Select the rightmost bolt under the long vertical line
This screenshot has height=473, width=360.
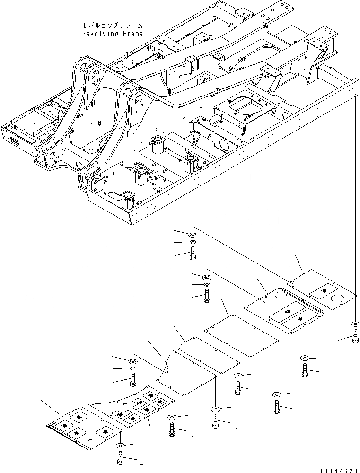355,338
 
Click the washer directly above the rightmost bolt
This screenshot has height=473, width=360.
355,324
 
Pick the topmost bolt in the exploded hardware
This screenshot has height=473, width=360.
192,253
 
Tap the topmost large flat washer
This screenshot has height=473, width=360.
192,234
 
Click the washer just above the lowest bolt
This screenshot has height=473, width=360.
121,446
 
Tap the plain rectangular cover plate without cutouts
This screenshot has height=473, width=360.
240,336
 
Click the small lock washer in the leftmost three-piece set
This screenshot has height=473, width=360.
133,368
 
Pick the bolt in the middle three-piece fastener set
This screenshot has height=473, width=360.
207,297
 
